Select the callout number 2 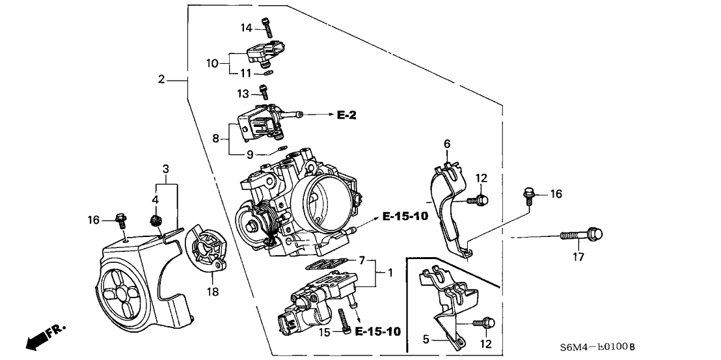(161, 80)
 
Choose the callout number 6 (446, 144)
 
